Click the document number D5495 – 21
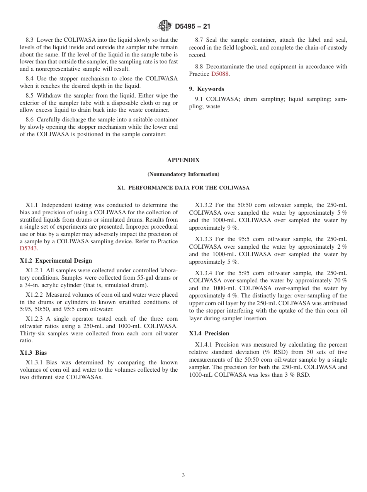[x=192, y=27]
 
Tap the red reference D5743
[x=28, y=249]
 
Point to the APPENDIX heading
[x=183, y=160]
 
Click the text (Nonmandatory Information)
[x=183, y=174]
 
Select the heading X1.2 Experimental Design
[x=56, y=261]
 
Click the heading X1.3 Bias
[x=33, y=353]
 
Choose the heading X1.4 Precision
[x=209, y=333]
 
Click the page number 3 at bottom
[x=183, y=475]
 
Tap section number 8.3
[x=30, y=40]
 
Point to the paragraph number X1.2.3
[x=34, y=319]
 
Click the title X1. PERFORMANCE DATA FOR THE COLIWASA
[x=183, y=188]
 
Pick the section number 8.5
[x=30, y=96]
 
